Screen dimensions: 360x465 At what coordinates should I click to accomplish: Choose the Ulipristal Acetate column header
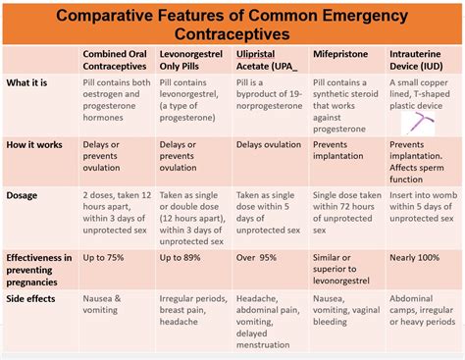[x=269, y=60]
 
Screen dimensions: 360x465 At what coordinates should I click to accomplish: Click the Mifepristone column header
[x=339, y=54]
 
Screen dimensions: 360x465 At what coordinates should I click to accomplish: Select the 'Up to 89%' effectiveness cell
[x=182, y=257]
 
